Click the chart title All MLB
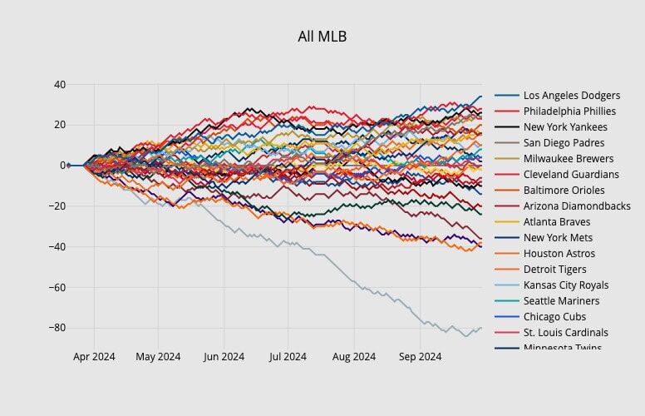click(322, 37)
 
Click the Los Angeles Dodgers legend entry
click(571, 96)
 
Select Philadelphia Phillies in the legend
click(569, 111)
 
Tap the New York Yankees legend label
click(565, 127)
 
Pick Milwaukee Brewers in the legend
click(569, 159)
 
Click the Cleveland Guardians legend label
click(571, 175)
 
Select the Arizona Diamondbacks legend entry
click(577, 206)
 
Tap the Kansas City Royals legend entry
click(566, 285)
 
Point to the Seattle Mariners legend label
click(561, 301)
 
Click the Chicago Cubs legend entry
click(554, 317)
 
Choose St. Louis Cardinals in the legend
click(565, 333)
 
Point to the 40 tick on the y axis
click(60, 85)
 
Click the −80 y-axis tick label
click(57, 328)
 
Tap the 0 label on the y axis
click(63, 166)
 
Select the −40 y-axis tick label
click(57, 247)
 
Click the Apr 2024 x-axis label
click(94, 357)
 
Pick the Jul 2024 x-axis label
click(288, 357)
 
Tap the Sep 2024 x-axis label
click(420, 357)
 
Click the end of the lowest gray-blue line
click(481, 327)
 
